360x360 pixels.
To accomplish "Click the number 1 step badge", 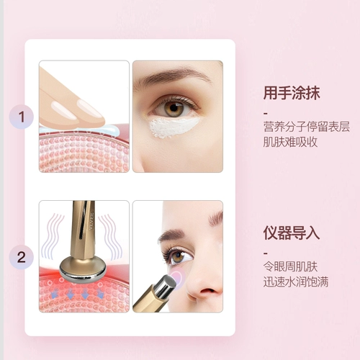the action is point(22,117).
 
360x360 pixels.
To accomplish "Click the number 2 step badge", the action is point(22,257).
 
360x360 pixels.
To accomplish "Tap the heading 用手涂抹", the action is point(292,93).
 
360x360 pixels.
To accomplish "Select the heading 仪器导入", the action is point(292,233).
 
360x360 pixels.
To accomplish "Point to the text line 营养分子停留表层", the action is point(307,127).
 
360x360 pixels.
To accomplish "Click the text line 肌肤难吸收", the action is point(290,142).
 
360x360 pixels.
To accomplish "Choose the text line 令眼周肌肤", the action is point(290,266).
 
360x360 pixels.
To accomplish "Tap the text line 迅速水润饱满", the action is point(296,282).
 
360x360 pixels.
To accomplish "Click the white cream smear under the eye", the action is point(173,127).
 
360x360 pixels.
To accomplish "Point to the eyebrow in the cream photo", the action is point(171,74).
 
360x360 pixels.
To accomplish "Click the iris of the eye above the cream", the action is point(175,109).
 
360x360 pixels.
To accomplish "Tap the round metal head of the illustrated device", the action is point(83,269).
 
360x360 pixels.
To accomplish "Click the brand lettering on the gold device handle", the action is point(91,220).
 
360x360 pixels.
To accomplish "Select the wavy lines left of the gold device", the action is point(53,236).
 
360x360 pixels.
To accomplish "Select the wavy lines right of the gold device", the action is point(110,236).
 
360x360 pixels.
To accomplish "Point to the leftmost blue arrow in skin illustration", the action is point(55,293).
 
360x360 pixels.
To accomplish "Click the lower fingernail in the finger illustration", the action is point(64,110).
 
